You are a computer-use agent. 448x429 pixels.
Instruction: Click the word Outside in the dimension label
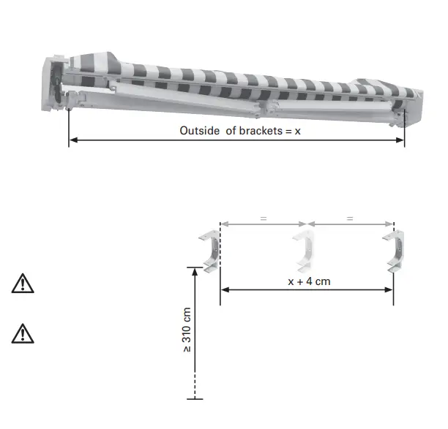(199, 131)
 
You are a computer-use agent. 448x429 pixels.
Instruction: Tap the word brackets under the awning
(258, 131)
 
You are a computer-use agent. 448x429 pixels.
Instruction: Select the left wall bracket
(209, 251)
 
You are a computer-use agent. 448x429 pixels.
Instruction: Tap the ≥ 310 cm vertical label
(188, 329)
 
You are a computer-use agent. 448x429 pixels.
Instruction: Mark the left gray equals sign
(264, 217)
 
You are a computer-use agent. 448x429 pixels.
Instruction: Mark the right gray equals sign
(350, 217)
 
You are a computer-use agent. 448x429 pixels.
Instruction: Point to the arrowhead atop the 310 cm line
(195, 270)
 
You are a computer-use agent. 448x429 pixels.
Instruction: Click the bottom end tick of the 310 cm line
(195, 399)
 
